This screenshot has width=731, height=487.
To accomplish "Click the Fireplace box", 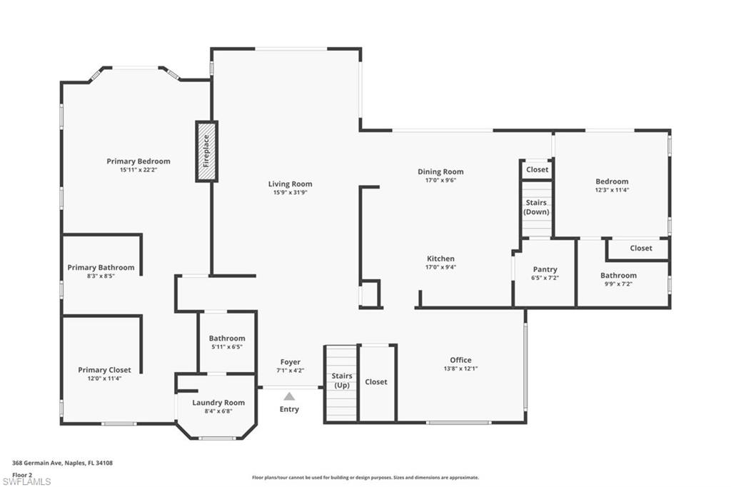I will tap(206, 151).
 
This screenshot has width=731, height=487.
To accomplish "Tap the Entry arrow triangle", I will tap(289, 396).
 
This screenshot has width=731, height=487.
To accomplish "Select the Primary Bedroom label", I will tap(138, 161).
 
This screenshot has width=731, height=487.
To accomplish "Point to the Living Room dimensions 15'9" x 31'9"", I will tap(291, 193).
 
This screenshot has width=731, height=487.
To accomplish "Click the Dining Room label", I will tap(440, 171).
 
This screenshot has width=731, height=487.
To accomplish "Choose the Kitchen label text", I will tap(440, 258).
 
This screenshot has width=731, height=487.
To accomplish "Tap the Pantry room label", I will tap(545, 269).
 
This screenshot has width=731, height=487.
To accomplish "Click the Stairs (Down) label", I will tap(536, 207).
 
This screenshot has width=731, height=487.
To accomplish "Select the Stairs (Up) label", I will tap(341, 381).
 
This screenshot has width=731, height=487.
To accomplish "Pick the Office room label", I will tap(460, 360).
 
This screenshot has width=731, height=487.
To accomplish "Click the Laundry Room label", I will tap(218, 403).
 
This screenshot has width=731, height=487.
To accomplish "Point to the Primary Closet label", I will tap(104, 370).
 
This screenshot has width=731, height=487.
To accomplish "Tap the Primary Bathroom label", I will tap(101, 268).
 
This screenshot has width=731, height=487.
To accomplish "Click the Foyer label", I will tap(290, 362).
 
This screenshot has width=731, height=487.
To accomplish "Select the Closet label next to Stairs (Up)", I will tap(376, 382).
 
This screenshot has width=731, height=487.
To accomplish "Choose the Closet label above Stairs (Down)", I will tap(538, 169).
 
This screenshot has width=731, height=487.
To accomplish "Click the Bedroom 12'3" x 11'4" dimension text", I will tap(612, 191).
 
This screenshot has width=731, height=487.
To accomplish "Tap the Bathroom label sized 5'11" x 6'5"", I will tap(227, 338).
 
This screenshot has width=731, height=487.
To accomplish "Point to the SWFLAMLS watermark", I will tap(26, 481).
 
